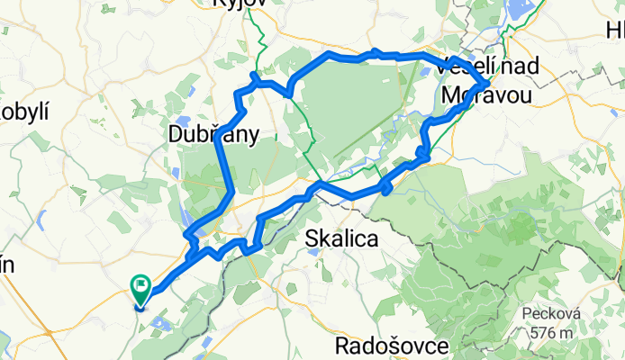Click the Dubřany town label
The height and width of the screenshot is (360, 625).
click(213, 135)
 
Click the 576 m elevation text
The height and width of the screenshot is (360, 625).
click(553, 332)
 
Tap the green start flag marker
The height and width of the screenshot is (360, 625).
click(142, 290)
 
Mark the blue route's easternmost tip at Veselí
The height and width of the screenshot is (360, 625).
click(488, 83)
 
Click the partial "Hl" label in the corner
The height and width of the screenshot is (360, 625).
click(615, 33)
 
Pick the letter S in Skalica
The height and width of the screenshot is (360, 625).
click(312, 239)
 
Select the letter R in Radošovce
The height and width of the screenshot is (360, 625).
click(340, 346)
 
